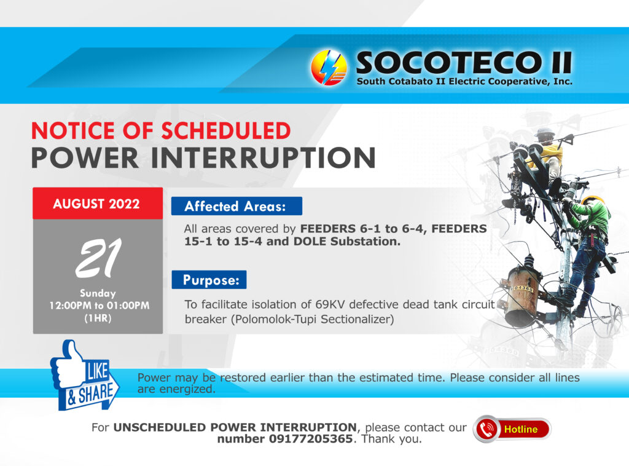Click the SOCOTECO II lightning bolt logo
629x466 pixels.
329,68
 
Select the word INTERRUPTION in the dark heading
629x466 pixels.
263,158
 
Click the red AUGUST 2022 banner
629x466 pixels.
98,203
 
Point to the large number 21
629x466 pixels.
99,258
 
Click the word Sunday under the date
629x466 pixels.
98,293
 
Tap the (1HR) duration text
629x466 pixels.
98,318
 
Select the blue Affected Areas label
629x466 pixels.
236,206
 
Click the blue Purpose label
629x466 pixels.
209,280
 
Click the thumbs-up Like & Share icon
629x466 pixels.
84,376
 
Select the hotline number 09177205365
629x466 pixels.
310,439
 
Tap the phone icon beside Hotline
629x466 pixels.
486,429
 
